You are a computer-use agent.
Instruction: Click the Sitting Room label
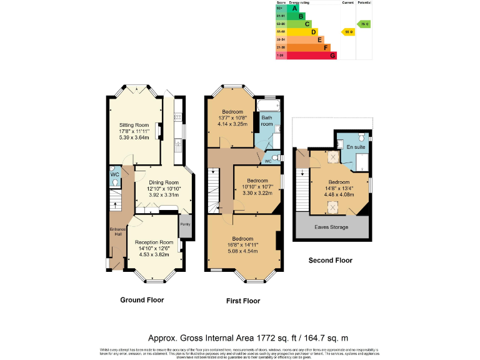134,124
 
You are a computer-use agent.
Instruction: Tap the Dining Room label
155,182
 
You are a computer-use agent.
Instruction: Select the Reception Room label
154,242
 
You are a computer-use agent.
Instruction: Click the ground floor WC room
115,176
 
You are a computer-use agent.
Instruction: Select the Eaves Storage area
331,227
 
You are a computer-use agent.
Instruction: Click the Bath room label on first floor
267,121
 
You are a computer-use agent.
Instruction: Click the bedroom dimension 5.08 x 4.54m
242,252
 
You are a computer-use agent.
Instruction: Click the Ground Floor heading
142,300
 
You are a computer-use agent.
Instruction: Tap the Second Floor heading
331,261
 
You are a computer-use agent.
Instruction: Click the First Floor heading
243,301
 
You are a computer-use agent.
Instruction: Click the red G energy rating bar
306,56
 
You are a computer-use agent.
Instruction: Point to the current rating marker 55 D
348,31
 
